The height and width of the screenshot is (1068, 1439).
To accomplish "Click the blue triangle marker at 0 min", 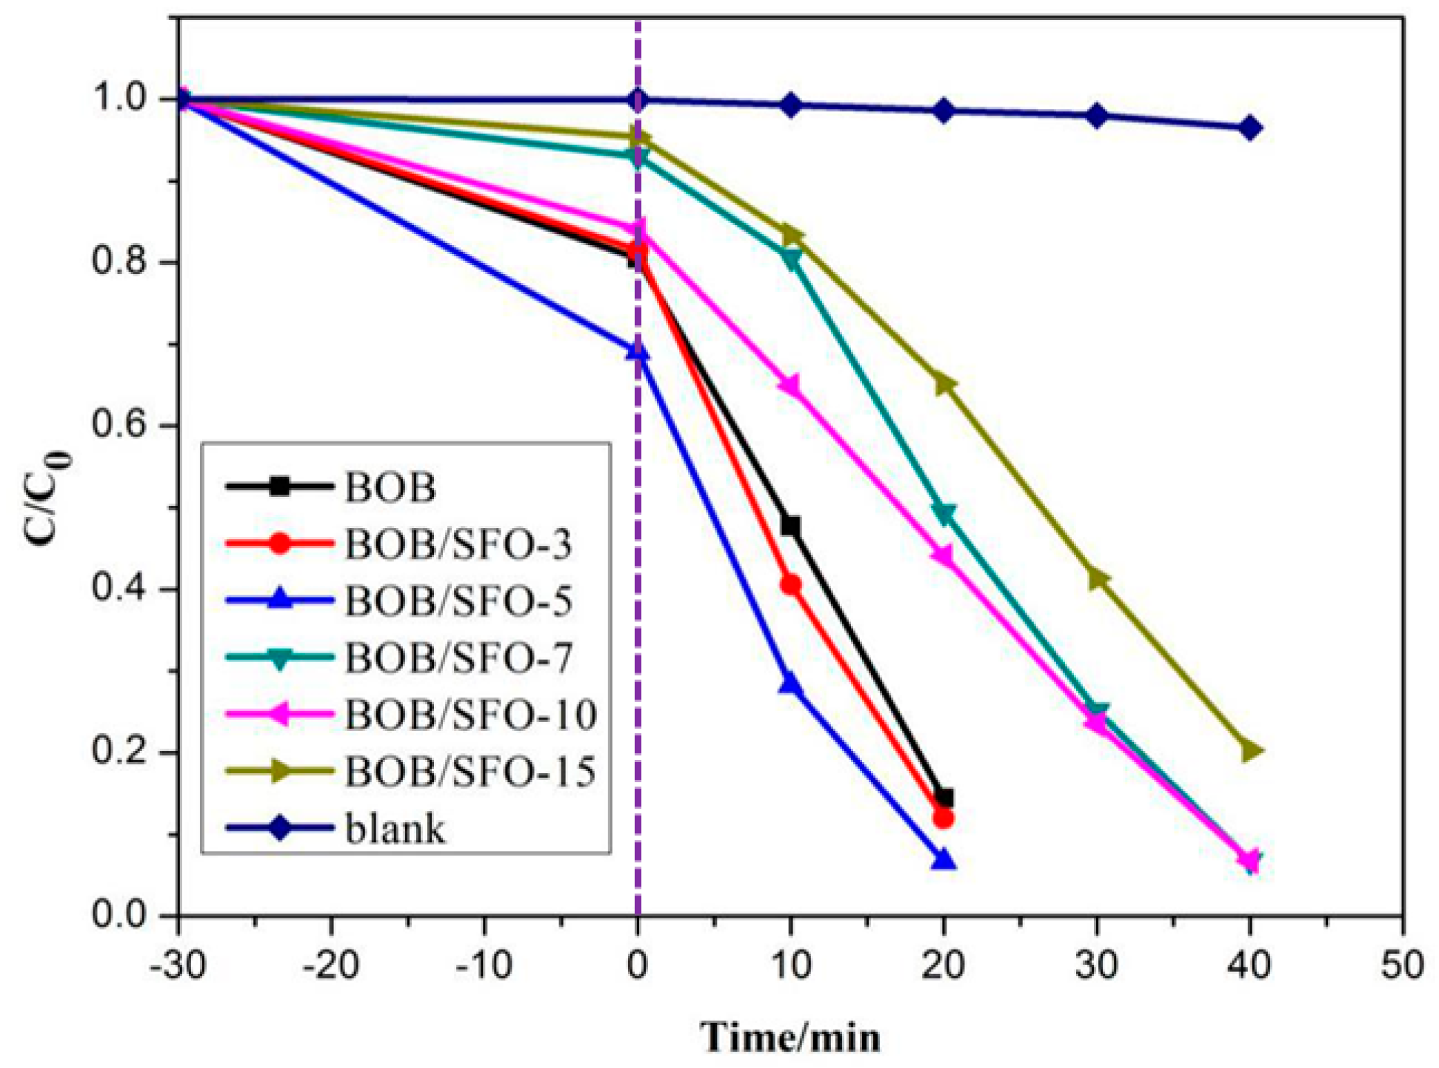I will [638, 353].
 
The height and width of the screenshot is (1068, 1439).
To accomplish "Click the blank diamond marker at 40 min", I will [1250, 128].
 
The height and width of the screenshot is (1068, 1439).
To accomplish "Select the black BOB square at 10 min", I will [791, 527].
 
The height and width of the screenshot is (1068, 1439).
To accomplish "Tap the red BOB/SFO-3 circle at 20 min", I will [944, 818].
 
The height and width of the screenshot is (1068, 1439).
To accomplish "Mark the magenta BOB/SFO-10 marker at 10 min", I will [789, 386].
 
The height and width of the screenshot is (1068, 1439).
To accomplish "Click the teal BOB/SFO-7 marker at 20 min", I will [944, 513].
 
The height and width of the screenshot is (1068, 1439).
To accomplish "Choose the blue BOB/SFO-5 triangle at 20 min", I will [944, 860].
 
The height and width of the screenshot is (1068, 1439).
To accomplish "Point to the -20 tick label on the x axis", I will [331, 966].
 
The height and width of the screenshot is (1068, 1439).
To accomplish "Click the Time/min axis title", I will [790, 1037].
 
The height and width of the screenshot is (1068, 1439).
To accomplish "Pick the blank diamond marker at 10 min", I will [791, 105].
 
